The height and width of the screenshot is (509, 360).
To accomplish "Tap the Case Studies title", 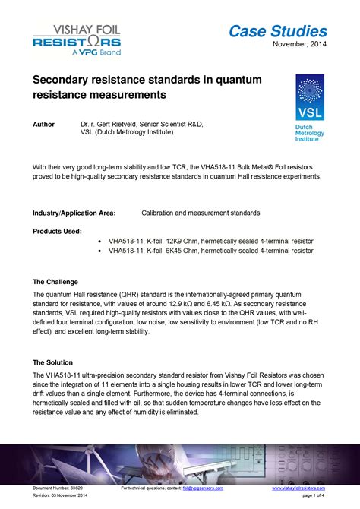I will (278, 31).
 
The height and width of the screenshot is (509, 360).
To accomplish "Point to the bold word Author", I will (44, 123).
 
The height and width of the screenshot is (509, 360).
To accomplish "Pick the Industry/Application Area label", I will (73, 213).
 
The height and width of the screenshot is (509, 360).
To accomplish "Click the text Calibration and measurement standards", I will (201, 213).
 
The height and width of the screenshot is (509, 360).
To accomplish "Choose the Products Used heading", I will (57, 231).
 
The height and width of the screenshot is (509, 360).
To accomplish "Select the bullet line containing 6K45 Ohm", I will (210, 250).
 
